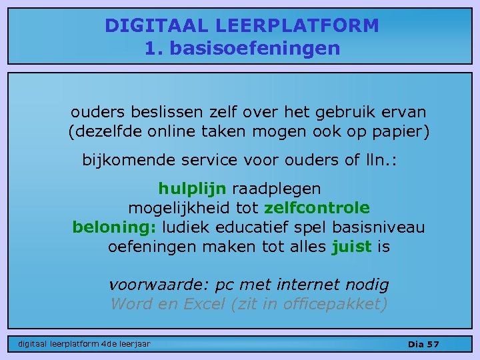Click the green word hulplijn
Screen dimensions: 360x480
point(192,189)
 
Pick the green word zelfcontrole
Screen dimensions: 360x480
point(317,208)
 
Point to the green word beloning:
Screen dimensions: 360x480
point(114,227)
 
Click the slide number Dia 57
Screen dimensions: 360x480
point(423,344)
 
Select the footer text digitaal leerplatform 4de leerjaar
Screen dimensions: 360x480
point(84,344)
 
